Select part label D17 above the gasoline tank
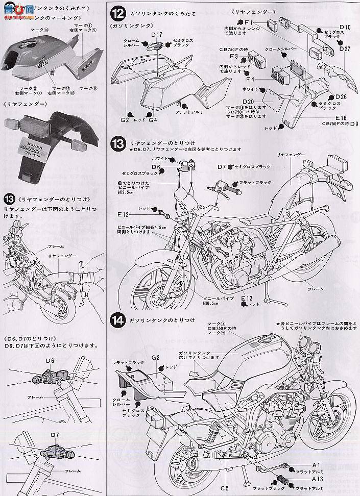(156, 35)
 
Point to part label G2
(125, 120)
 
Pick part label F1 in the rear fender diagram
(249, 22)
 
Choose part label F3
(235, 56)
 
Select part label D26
(341, 96)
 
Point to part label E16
(342, 117)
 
